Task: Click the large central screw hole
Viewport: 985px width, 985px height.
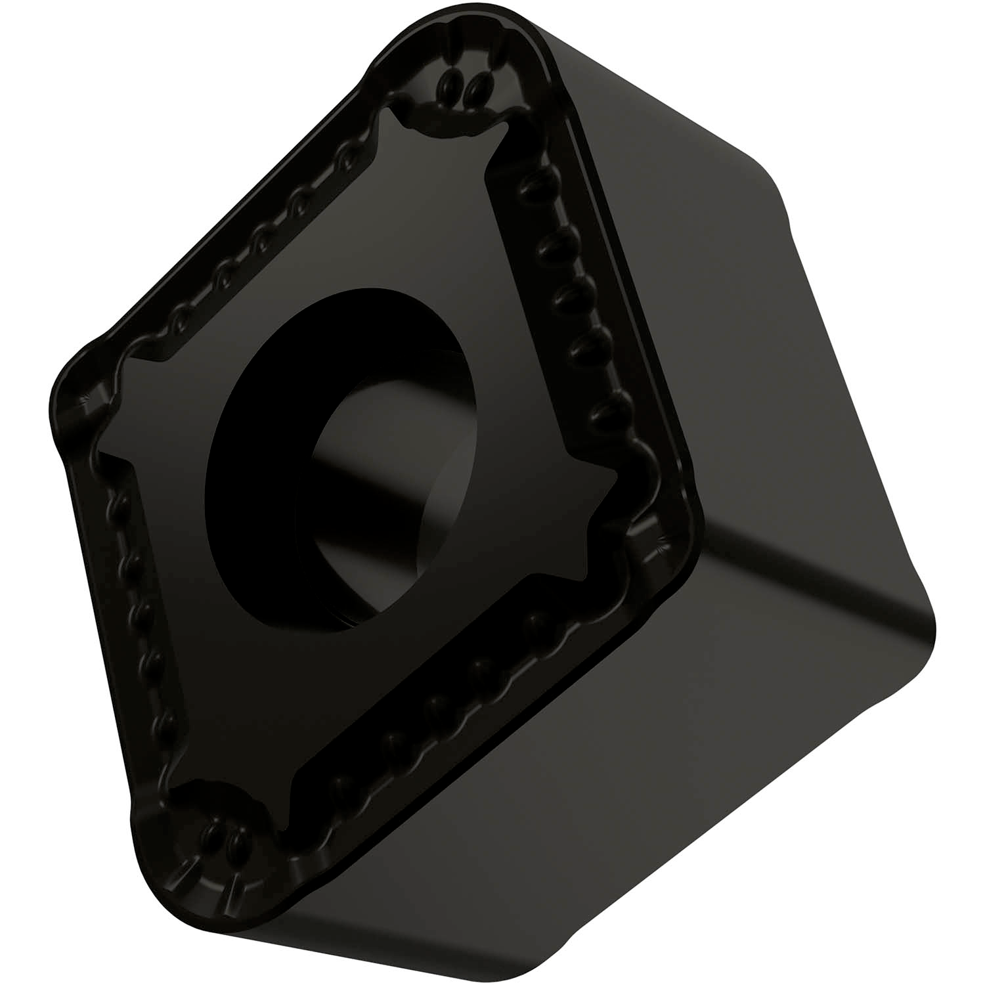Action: coord(341,453)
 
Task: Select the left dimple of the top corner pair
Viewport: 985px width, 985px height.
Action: coord(448,83)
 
